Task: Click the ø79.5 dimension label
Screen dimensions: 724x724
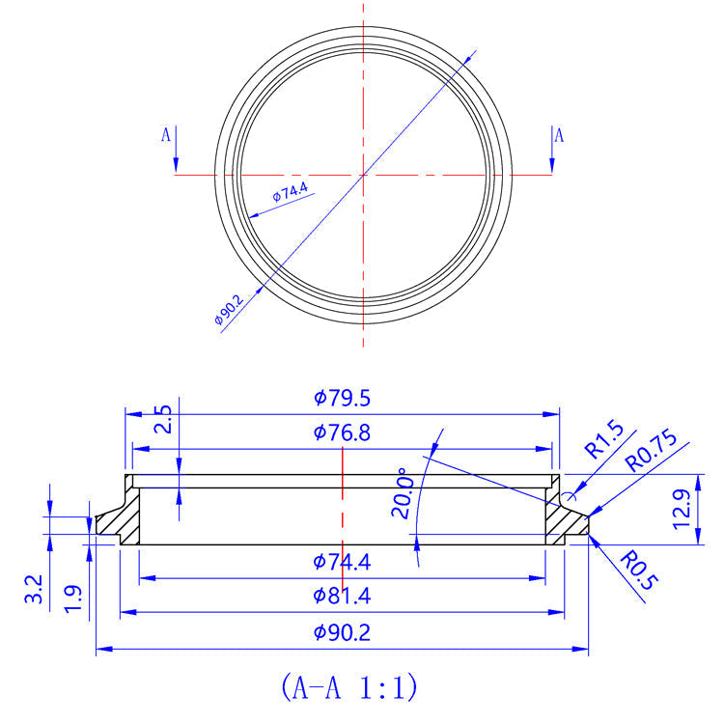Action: [x=343, y=398]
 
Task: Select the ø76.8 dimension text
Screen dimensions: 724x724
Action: [x=343, y=432]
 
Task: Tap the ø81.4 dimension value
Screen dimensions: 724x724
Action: [x=343, y=597]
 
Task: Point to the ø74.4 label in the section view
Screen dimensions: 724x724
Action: [x=343, y=562]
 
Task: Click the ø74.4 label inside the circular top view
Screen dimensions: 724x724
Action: [x=290, y=192]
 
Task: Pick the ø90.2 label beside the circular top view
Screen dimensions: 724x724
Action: [x=228, y=312]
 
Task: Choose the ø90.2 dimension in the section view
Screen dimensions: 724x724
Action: [x=343, y=633]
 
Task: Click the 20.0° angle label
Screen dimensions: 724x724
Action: [x=403, y=493]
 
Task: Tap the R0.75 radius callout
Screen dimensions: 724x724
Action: [x=653, y=451]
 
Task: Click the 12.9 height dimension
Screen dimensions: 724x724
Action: [x=710, y=508]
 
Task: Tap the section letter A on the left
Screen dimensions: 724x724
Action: [x=165, y=136]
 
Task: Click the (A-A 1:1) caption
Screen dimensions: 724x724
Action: [x=348, y=686]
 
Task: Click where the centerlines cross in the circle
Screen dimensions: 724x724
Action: [x=363, y=175]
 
